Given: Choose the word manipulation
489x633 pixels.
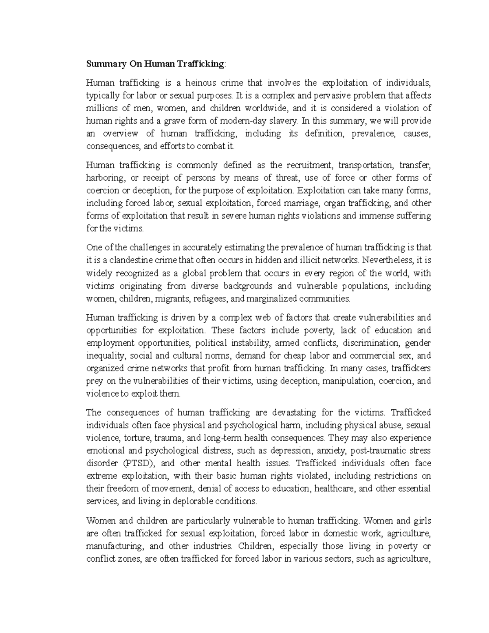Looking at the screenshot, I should click(349, 381).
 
